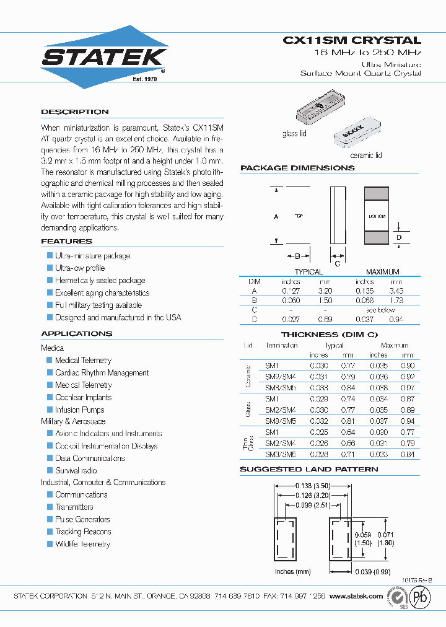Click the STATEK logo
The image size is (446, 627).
[x=104, y=57]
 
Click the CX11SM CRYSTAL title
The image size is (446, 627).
[x=352, y=40]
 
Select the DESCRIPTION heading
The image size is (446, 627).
[x=75, y=112]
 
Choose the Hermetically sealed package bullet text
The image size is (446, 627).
[x=100, y=281]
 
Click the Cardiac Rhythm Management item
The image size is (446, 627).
[x=102, y=373]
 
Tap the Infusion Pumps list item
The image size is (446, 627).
[x=79, y=410]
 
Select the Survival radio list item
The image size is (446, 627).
[x=76, y=471]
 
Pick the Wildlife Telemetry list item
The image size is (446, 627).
[x=82, y=545]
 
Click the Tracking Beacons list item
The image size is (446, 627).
[x=83, y=532]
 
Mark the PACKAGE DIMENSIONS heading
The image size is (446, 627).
[x=297, y=168]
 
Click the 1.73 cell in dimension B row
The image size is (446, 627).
[x=396, y=300]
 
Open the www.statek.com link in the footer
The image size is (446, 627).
[x=356, y=596]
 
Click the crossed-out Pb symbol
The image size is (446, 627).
[x=420, y=597]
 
